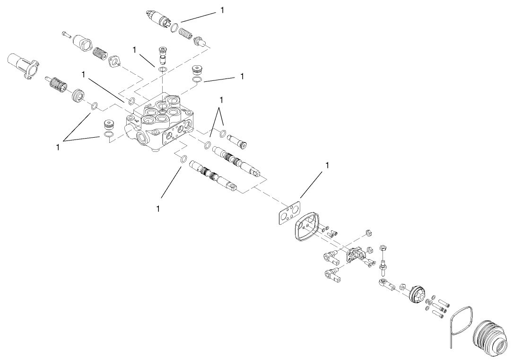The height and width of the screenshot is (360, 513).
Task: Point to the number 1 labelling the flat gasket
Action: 326,166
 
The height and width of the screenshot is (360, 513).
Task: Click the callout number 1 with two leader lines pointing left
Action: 58,147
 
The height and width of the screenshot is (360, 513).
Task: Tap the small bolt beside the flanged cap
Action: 66,35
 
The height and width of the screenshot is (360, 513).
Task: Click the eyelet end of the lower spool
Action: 232,188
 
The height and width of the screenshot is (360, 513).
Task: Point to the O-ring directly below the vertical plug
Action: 163,69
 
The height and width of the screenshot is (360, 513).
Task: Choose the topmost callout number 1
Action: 223,10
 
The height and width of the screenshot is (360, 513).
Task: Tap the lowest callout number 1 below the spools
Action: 158,209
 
